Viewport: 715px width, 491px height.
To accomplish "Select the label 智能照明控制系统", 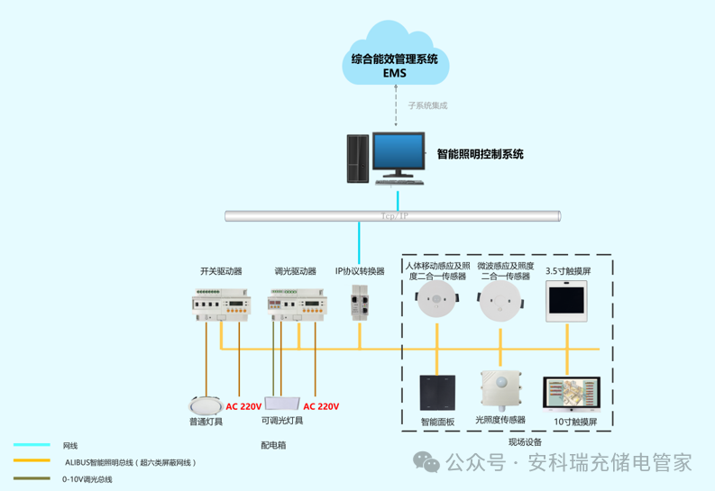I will pos(480,154).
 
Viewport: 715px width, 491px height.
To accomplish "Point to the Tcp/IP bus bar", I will pos(393,216).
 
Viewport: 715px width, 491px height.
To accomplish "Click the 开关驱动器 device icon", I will pos(221,305).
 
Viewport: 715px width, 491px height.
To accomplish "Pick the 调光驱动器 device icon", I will pos(295,305).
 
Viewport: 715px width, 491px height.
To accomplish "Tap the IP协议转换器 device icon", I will pos(359,301).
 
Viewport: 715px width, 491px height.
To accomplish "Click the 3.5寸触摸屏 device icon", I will pos(567,301).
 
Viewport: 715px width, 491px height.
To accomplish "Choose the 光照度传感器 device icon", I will pos(501,391).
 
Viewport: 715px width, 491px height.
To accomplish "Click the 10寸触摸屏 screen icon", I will pos(569,395).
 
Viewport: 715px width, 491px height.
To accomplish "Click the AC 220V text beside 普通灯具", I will pos(243,406).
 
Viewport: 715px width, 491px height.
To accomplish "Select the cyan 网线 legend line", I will pos(32,445).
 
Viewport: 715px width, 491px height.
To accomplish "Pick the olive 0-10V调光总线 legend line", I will pos(32,479).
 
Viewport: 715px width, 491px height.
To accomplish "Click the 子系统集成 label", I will pos(427,106).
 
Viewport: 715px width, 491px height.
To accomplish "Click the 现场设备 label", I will pos(525,442).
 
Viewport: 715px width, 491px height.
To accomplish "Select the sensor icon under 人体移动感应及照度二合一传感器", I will pos(437,305).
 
